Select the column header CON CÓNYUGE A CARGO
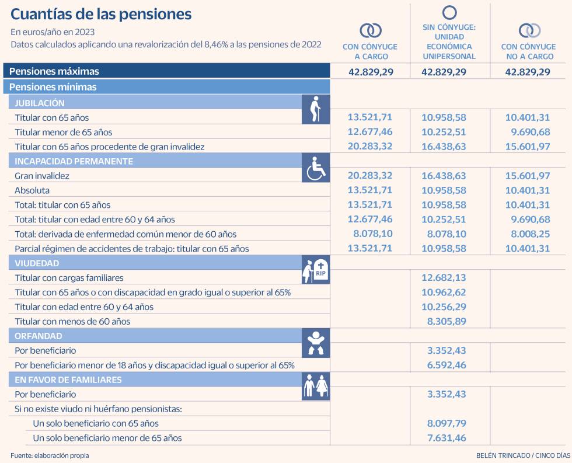370,51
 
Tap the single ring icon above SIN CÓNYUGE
449,12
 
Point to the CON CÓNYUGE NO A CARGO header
528,51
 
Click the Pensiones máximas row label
54,71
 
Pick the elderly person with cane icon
315,109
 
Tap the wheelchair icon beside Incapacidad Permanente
316,168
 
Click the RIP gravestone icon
316,270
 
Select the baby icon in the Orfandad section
316,343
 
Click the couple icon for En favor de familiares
316,386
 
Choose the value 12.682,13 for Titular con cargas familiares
444,278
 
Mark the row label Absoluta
32,190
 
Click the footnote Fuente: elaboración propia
50,455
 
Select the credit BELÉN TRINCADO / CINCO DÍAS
523,455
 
